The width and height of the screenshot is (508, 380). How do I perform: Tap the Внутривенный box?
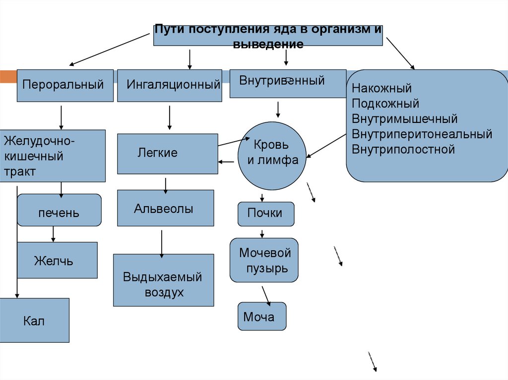pos(288,83)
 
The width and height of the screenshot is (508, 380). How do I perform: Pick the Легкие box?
pos(167,154)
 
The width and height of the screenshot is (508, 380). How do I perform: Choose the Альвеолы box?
pos(166,208)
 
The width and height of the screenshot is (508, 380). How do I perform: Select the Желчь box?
pos(57,261)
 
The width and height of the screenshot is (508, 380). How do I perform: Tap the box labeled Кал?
pos(34,320)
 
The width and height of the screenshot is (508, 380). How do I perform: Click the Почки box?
pos(266,214)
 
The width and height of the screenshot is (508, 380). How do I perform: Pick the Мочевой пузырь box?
pos(264,260)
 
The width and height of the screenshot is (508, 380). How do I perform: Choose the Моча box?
pos(262,316)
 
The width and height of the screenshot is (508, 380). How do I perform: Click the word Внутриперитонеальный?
pos(422,134)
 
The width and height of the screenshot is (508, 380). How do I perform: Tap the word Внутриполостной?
pos(403,149)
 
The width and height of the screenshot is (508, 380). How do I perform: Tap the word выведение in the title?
pos(268,44)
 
